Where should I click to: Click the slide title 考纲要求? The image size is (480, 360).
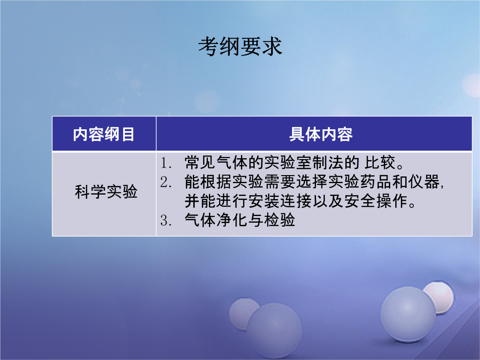click(240, 47)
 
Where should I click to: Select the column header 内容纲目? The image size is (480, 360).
click(104, 134)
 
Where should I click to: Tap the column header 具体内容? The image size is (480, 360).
click(321, 134)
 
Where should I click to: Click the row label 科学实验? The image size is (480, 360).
click(106, 192)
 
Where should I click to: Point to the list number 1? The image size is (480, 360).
click(165, 163)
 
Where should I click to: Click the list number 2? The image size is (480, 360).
click(165, 182)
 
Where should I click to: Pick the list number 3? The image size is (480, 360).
click(165, 220)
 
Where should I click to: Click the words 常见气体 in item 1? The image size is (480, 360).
click(216, 163)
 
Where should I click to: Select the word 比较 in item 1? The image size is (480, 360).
click(380, 163)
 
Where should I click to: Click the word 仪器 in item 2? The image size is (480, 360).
click(424, 182)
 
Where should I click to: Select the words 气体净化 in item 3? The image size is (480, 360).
click(216, 220)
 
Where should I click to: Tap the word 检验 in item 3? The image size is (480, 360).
click(280, 220)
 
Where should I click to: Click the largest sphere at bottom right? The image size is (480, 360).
click(408, 314)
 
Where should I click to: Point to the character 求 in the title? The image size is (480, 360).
click(272, 47)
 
